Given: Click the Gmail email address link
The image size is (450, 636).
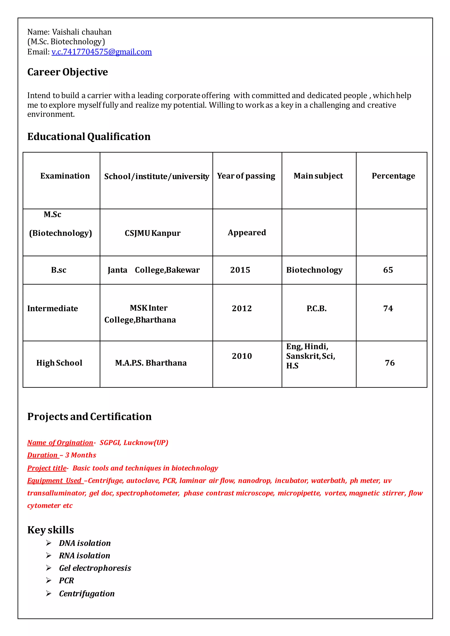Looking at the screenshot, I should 102,52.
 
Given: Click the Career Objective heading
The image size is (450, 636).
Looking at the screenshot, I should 68,72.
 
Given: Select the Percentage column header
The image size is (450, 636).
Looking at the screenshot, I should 393,176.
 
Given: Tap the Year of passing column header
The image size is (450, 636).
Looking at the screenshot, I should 246,176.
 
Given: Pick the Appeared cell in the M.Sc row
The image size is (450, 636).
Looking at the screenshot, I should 247,232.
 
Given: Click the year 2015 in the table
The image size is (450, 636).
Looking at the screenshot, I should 240,270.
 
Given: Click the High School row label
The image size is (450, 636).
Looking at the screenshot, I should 59,363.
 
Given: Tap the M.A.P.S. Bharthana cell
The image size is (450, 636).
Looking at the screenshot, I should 151,363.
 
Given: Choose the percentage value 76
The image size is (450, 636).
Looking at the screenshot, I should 390,363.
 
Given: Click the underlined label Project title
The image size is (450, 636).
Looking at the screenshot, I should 47,468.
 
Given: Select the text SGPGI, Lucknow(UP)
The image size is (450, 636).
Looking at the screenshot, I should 134,443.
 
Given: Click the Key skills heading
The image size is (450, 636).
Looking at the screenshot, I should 51,530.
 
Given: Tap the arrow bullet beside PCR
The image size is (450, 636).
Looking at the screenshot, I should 49,580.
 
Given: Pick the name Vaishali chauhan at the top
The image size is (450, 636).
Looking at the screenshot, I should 82,32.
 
